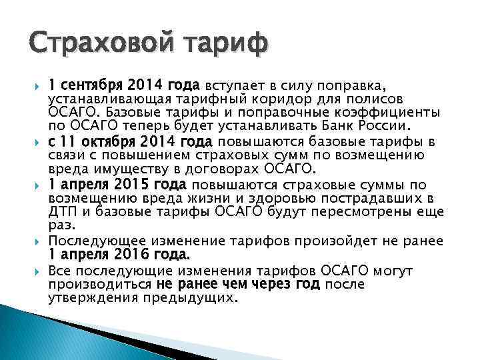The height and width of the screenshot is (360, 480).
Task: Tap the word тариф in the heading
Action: [x=225, y=45]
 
